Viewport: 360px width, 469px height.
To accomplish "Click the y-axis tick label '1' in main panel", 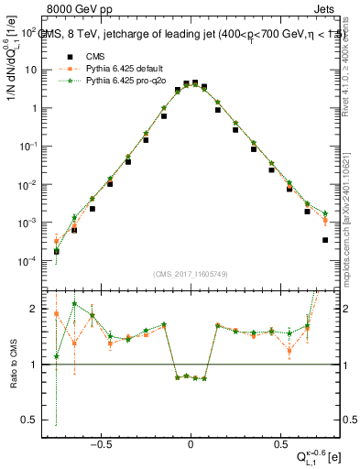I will [42, 108].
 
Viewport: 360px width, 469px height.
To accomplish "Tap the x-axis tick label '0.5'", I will [278, 442].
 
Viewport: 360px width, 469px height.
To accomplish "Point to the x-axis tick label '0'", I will [191, 442].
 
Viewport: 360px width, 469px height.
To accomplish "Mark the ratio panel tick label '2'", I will [42, 309].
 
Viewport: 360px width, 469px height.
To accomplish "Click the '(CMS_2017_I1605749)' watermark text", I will [191, 274].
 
